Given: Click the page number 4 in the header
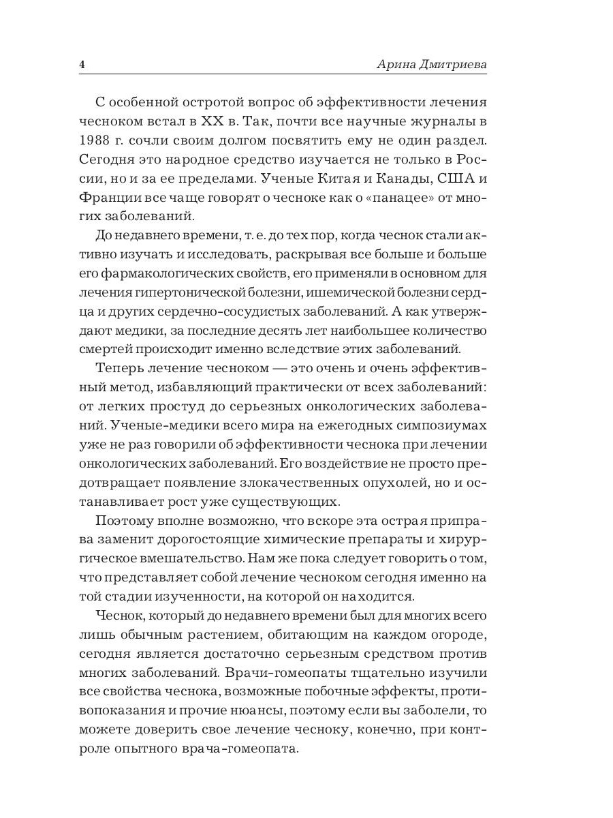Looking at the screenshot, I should coord(82,65).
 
